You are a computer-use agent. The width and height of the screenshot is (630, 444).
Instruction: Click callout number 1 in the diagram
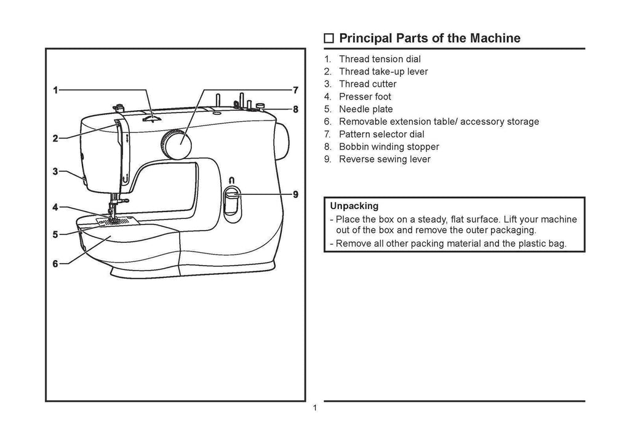55,90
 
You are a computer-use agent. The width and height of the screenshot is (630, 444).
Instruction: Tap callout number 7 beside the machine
295,90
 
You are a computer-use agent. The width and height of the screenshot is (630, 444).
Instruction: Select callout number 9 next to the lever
295,194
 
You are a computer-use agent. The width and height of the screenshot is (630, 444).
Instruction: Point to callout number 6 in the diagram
55,264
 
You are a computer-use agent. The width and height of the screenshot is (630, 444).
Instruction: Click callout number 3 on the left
55,172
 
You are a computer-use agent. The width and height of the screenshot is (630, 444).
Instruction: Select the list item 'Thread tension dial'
380,59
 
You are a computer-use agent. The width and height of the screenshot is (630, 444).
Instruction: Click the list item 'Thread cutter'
367,84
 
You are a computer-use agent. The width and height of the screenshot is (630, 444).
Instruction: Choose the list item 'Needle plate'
365,109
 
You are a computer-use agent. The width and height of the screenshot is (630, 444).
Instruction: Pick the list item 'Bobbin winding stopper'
389,146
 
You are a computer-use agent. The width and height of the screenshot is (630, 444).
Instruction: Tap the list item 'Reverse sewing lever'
385,159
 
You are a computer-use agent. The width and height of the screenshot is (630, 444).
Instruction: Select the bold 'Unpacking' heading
354,206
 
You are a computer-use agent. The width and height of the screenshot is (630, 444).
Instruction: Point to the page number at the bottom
314,409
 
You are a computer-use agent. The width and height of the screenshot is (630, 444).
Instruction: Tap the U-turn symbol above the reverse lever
231,180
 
